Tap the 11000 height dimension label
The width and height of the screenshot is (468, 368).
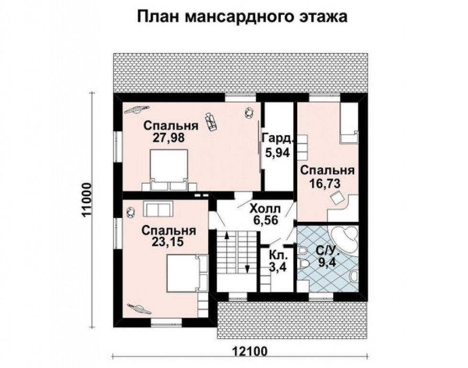pyautogui.click(x=87, y=200)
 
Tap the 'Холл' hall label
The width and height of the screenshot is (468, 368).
pyautogui.click(x=267, y=208)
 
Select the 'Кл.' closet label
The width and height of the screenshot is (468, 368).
pyautogui.click(x=278, y=255)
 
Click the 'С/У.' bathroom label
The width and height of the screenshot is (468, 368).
pyautogui.click(x=327, y=250)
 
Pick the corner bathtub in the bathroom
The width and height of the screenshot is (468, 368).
pyautogui.click(x=345, y=238)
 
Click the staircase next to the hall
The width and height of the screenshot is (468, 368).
pyautogui.click(x=238, y=259)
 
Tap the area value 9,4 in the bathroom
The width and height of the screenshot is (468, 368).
pyautogui.click(x=327, y=262)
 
